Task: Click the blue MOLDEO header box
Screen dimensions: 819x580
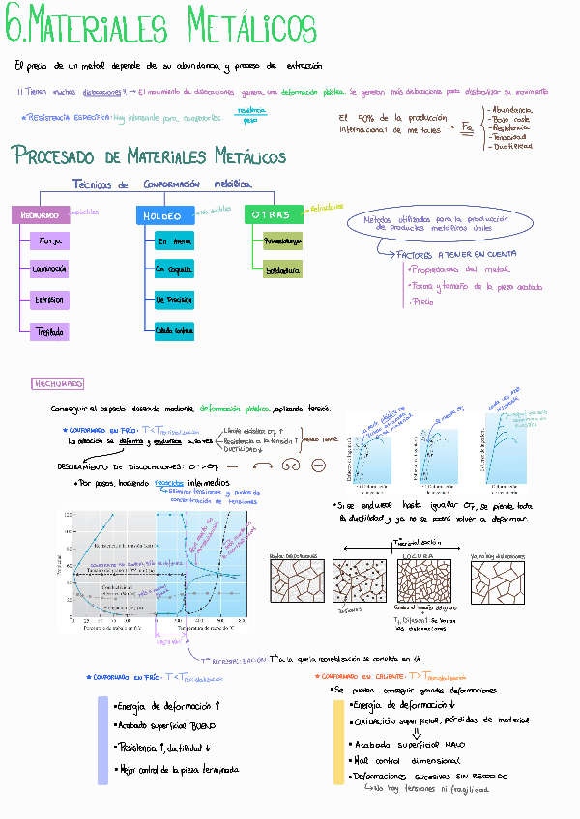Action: point(165,216)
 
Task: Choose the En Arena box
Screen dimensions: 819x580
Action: point(174,242)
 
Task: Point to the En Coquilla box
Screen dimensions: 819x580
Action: point(174,271)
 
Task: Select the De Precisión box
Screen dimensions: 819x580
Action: point(174,301)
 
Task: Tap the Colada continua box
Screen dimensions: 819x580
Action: point(174,332)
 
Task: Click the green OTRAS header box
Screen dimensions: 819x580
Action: point(273,215)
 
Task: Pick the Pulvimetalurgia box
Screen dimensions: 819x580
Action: point(282,241)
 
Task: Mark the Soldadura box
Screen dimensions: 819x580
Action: point(282,271)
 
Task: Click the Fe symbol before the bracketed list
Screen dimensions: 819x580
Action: point(468,127)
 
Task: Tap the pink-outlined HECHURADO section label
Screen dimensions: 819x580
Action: point(58,383)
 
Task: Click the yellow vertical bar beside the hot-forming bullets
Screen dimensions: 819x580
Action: point(338,742)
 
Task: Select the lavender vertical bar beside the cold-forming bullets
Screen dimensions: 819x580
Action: point(103,740)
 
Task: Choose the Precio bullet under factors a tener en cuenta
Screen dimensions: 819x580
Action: point(423,302)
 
